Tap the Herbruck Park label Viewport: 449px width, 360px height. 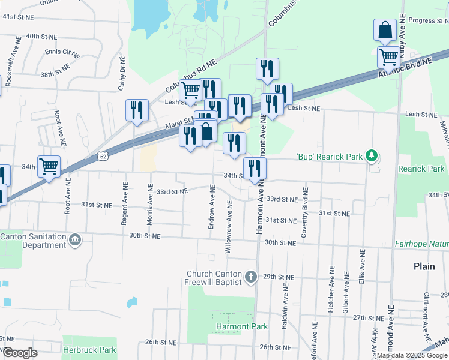pos(90,349)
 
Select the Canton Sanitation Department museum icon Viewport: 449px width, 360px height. pos(75,241)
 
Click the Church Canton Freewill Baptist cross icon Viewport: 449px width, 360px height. pos(251,278)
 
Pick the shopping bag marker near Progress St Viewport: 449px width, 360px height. pos(384,30)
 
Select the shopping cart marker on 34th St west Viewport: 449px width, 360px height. pos(49,166)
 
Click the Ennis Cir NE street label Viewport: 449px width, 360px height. pos(62,53)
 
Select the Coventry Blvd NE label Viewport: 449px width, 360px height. pos(305,213)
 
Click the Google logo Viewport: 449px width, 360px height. pos(20,353)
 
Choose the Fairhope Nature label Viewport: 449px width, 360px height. pos(421,244)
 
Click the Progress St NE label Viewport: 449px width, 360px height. pos(428,20)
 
